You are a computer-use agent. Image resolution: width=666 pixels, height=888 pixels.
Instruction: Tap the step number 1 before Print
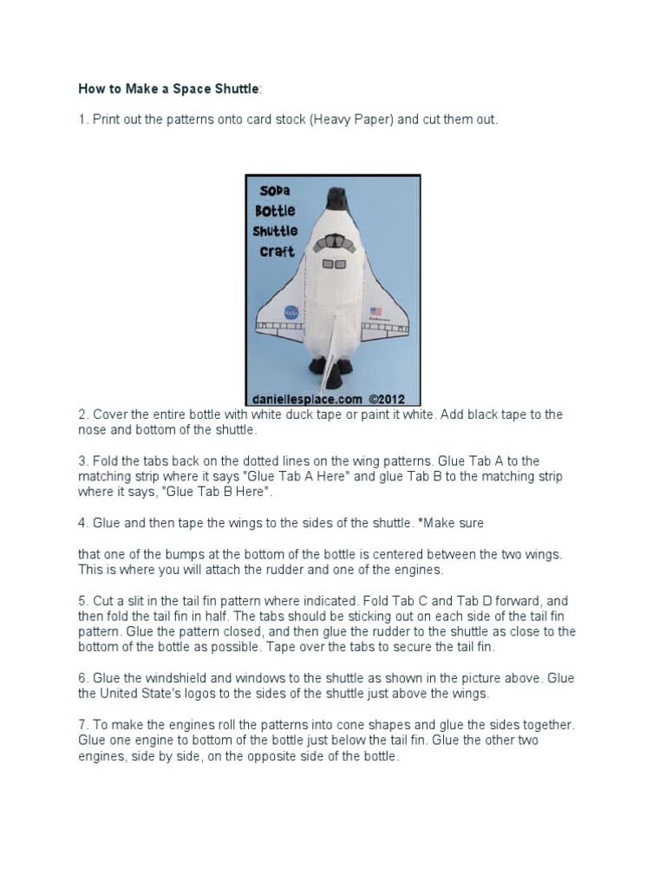pos(82,120)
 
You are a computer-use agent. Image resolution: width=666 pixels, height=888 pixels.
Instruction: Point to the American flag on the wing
pos(375,310)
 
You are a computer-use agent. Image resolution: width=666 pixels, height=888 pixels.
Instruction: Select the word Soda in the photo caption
pos(275,191)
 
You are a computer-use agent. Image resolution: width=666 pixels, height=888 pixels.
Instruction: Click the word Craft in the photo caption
pos(275,251)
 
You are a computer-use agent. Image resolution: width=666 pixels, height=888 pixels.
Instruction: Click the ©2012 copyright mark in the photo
pos(388,399)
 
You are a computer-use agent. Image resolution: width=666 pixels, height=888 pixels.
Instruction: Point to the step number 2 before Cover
pos(82,415)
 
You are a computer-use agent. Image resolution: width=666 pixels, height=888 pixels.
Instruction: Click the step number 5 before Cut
pos(82,601)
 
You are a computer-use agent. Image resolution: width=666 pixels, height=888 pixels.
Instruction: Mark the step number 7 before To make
pos(82,725)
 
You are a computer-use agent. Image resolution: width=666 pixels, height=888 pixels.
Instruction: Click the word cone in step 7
pos(350,725)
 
